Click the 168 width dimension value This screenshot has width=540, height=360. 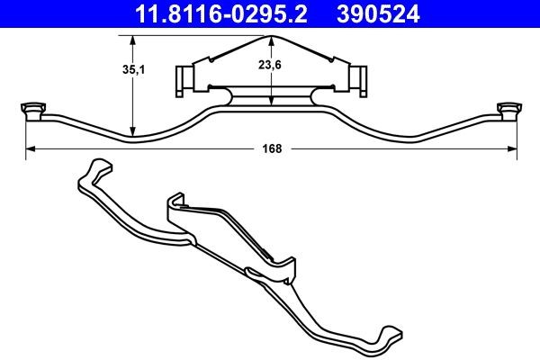click(x=271, y=149)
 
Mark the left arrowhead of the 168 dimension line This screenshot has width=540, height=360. click(x=27, y=149)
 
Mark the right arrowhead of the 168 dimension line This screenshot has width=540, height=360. click(x=517, y=149)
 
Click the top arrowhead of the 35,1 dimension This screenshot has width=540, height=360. click(x=132, y=39)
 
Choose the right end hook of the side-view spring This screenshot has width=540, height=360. click(x=512, y=111)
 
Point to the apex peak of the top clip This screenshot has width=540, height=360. click(x=271, y=38)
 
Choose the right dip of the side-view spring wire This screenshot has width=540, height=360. click(x=409, y=139)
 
